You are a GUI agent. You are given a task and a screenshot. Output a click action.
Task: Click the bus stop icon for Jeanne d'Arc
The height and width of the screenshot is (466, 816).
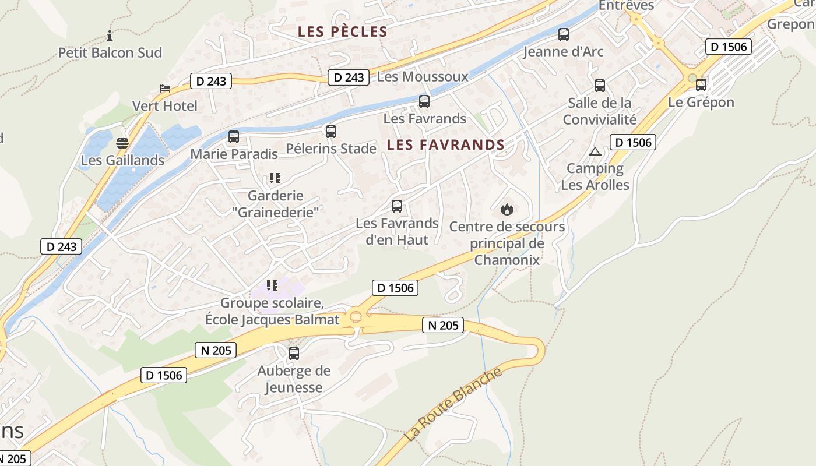coord(563,34)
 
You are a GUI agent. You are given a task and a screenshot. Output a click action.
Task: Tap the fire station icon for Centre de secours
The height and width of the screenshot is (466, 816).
coord(507,209)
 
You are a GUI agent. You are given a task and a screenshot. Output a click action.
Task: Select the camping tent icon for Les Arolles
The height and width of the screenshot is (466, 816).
coord(595,152)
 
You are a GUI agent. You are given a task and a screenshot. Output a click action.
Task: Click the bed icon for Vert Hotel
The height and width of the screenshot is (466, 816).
coord(166,89)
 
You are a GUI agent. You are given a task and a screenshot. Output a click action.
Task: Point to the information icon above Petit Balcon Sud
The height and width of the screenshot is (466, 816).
coord(110,36)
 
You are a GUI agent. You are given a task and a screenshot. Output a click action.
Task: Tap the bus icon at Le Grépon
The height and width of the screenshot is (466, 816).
coord(701,85)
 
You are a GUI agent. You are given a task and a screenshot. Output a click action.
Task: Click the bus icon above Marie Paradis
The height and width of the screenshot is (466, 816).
coord(234,137)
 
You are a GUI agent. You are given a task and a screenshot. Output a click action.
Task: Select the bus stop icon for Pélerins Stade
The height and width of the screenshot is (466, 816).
coord(331,132)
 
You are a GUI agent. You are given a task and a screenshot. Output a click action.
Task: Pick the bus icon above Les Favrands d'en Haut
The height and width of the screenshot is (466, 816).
coord(397,206)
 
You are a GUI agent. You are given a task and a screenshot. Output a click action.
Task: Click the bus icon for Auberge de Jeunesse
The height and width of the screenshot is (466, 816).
coord(294,354)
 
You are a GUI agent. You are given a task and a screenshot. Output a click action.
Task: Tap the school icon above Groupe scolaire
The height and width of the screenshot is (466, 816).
coord(272,285)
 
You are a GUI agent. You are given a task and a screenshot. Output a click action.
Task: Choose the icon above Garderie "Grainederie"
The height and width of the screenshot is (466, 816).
coord(275,178)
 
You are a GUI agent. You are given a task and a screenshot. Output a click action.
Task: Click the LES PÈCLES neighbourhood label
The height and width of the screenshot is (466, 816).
coord(343,32)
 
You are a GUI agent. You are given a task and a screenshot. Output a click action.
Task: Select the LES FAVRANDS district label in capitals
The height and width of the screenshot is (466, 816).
coord(446,145)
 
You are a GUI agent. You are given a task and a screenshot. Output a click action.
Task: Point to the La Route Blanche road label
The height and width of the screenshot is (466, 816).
coord(452,405)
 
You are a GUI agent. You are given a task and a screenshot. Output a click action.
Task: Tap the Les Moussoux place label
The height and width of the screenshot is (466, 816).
coord(423,76)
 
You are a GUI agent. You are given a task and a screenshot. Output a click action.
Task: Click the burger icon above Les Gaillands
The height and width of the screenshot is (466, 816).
coord(122,143)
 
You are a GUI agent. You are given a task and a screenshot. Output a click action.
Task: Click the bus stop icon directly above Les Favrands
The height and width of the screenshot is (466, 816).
coord(424,101)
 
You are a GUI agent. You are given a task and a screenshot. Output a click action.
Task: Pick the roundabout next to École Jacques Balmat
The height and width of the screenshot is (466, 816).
coord(355,317)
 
